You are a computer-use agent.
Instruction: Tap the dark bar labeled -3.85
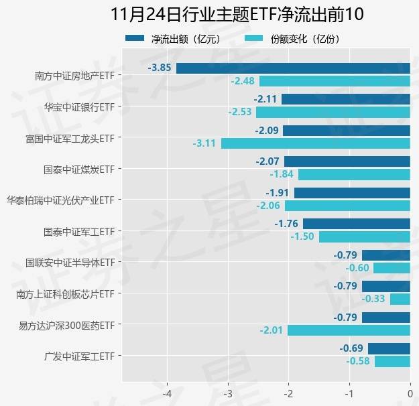293,68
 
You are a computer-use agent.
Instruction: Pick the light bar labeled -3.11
315,143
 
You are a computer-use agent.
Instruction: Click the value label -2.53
239,112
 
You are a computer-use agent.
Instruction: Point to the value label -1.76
287,224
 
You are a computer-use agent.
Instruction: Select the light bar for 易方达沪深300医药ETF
349,330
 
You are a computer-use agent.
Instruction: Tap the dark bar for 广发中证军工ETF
389,348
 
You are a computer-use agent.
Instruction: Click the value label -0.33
373,299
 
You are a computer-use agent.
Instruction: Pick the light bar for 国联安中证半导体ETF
392,268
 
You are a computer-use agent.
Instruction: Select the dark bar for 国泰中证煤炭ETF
347,161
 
